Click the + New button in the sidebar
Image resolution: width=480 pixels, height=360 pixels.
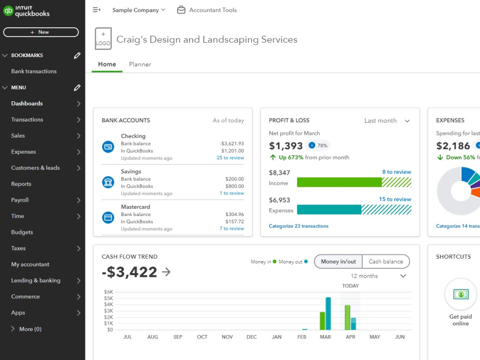pyautogui.click(x=41, y=32)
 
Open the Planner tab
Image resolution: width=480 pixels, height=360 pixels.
pyautogui.click(x=140, y=64)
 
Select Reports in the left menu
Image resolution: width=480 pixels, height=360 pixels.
pyautogui.click(x=21, y=184)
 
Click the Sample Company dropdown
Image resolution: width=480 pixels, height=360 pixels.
pyautogui.click(x=138, y=10)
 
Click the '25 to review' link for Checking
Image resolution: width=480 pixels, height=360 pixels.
pyautogui.click(x=230, y=158)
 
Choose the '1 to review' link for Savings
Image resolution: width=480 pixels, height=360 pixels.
pyautogui.click(x=231, y=193)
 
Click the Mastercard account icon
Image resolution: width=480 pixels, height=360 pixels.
pyautogui.click(x=108, y=217)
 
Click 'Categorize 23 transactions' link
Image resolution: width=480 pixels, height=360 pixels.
pyautogui.click(x=299, y=226)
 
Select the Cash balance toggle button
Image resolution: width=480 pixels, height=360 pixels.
pyautogui.click(x=385, y=262)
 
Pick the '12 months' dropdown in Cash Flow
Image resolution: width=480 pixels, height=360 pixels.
pyautogui.click(x=378, y=276)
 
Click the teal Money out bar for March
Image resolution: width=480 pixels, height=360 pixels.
pyautogui.click(x=328, y=313)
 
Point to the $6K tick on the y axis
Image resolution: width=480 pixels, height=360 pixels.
pyautogui.click(x=108, y=292)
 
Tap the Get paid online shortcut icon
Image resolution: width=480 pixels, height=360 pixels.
pyautogui.click(x=460, y=294)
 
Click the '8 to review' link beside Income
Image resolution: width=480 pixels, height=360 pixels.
pyautogui.click(x=396, y=172)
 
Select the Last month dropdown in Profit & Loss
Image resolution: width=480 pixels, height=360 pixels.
pyautogui.click(x=387, y=121)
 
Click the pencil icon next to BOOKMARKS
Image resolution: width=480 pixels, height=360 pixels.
pyautogui.click(x=77, y=56)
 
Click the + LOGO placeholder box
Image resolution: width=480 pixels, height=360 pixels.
pyautogui.click(x=103, y=39)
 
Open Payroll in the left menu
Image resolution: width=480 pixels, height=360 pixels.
pyautogui.click(x=20, y=200)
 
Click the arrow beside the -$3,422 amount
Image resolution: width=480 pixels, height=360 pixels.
pyautogui.click(x=166, y=272)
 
